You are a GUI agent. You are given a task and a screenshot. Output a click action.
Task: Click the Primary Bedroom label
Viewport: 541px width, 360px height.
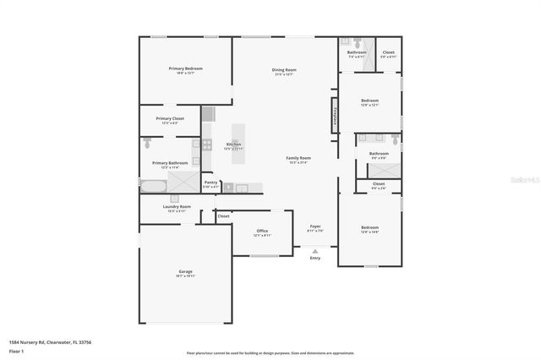[x=185, y=68]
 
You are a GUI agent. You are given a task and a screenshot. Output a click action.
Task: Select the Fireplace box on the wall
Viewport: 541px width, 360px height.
[x=335, y=114]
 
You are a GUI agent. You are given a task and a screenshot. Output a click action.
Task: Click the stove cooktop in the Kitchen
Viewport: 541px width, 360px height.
[x=206, y=145]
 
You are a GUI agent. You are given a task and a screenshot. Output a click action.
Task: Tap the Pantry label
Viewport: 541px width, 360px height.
[x=211, y=182]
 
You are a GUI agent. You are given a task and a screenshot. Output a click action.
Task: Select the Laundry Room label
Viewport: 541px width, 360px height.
[x=177, y=206]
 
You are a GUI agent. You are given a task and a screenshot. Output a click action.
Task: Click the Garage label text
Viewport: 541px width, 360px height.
[x=185, y=271]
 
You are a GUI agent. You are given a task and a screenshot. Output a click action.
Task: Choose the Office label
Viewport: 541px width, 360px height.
[x=263, y=231]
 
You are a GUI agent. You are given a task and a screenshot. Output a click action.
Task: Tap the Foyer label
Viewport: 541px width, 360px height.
[x=315, y=226]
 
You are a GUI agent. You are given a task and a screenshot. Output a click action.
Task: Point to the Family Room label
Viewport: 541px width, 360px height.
[x=298, y=158]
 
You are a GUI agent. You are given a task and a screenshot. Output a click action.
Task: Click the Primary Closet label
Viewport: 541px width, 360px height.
[x=170, y=118]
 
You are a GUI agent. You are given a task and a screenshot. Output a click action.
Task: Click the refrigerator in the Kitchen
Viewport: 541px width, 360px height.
[x=208, y=113]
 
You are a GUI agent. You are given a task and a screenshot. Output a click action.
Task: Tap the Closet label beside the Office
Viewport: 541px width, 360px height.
[x=223, y=216]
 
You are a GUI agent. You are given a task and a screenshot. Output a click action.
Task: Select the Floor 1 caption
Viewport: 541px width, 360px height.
[x=16, y=351]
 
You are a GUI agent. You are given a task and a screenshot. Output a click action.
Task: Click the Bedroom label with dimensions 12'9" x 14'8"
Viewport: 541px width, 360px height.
[x=369, y=227]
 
